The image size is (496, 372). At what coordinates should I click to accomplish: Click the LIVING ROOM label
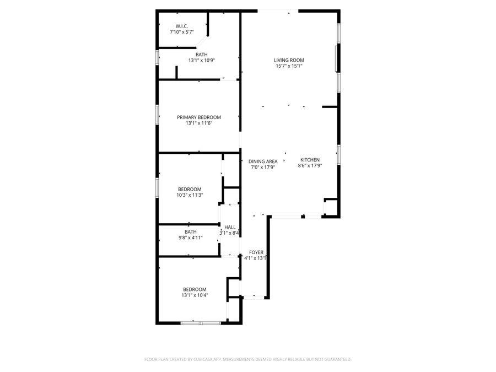tap(289, 60)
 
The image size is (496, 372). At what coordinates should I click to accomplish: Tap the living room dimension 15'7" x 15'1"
tap(289, 66)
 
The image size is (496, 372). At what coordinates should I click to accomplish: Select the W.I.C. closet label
tap(182, 26)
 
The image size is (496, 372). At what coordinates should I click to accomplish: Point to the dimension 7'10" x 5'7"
tap(182, 32)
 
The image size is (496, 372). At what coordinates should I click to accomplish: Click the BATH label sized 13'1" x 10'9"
tap(201, 54)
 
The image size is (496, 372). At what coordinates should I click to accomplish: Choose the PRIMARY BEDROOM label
tap(198, 117)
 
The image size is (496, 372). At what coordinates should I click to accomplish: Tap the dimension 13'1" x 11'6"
tap(198, 123)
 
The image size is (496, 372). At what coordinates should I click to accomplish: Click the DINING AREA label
tap(263, 161)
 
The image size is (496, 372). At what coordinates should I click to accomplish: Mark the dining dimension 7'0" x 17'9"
tap(263, 167)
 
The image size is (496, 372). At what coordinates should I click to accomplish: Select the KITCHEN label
tap(310, 159)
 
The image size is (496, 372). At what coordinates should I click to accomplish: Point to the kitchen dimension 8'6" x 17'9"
tap(310, 165)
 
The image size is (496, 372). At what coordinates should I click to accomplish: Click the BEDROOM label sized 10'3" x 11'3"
tap(189, 188)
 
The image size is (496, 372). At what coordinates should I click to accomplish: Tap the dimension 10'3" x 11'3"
tap(189, 195)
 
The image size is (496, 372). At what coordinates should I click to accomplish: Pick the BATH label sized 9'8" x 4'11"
tap(190, 231)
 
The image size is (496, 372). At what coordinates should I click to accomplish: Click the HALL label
tap(230, 227)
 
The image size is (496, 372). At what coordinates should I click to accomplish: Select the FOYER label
tap(256, 252)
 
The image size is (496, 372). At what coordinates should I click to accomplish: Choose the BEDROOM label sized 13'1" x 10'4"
tap(195, 289)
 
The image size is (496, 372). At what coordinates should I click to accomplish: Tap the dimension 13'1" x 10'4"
tap(195, 295)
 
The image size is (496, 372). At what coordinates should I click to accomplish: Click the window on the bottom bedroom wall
tap(201, 322)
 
